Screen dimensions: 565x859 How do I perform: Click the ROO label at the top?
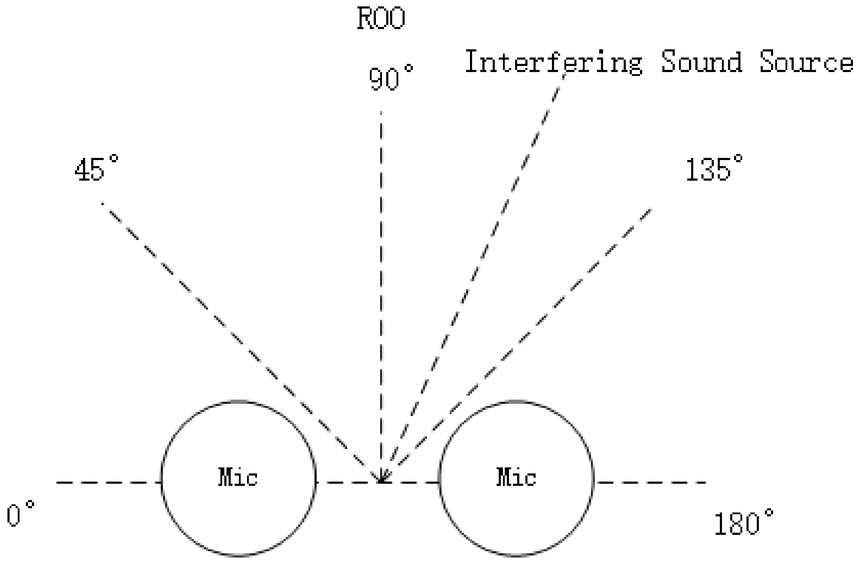381,19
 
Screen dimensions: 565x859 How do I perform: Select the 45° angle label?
96,169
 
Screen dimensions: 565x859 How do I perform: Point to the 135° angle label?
713,169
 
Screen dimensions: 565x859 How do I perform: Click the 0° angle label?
20,514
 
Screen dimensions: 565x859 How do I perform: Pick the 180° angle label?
744,522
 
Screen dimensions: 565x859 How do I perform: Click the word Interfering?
553,62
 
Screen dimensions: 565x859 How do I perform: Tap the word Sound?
701,62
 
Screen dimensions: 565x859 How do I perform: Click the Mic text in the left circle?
238,477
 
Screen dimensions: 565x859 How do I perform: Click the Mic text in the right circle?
516,477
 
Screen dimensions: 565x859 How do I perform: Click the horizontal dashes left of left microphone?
108,482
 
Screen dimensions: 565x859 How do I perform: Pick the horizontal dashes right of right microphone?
650,482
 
